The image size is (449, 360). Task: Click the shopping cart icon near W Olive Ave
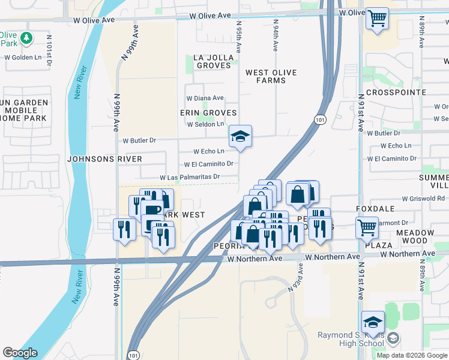coord(377,19)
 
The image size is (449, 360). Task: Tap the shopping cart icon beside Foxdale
coord(367,227)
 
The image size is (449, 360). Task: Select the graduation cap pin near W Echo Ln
coord(240,137)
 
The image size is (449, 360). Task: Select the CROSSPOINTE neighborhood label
coord(396,92)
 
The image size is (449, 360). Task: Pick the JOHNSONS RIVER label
coord(105,159)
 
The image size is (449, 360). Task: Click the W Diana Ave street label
coord(205,98)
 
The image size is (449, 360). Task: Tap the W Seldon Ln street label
coord(205,124)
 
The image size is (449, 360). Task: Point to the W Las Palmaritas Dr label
coord(190,178)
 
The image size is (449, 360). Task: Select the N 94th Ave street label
coord(276,38)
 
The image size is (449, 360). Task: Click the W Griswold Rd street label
coord(424,198)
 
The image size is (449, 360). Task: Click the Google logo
coord(20,353)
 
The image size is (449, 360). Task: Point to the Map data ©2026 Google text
coord(411,355)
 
